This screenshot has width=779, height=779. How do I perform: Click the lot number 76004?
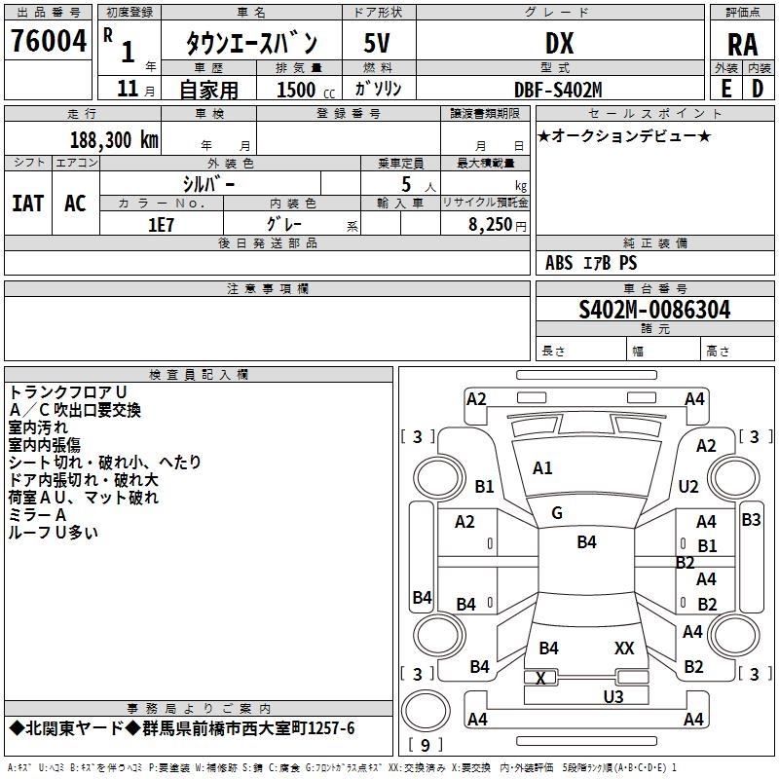49,41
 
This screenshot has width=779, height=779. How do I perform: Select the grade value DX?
559,43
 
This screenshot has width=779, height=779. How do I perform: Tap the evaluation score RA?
742,45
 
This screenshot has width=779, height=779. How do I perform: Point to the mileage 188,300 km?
114,140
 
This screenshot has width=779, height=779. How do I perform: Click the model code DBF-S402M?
558,90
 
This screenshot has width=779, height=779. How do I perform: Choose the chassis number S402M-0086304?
654,310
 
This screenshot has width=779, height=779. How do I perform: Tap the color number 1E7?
161,225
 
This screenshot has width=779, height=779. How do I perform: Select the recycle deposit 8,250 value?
490,225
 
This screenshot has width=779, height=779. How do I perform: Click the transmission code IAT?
28,204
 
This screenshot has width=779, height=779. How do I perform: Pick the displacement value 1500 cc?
306,90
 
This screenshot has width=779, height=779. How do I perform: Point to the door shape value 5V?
377,43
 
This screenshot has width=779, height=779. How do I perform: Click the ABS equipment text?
559,262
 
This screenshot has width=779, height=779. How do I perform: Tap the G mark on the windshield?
557,513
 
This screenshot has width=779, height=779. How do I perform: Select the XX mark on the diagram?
624,648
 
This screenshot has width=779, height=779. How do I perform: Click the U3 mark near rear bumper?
613,696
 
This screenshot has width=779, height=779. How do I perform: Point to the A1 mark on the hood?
542,468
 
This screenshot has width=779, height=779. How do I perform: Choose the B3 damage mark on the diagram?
751,520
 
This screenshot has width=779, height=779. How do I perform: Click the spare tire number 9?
426,745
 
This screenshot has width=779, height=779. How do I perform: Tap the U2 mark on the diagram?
688,486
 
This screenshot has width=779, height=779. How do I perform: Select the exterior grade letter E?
725,89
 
